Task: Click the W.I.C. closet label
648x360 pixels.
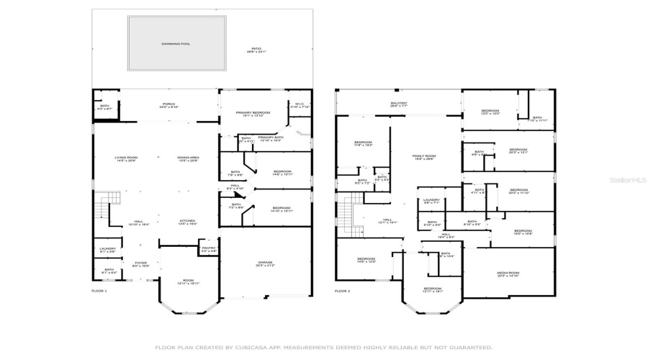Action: coord(300,104)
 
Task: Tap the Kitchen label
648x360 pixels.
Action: coord(188,222)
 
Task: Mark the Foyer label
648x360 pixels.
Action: coord(140,264)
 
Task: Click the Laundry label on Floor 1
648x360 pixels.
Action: coord(107,249)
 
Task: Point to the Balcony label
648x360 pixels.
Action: coord(399,104)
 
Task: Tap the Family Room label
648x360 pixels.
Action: coord(423,156)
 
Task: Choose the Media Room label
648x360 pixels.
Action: coord(508,273)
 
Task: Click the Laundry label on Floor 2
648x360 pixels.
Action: coord(431,200)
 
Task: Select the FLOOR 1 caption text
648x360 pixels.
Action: coord(99,291)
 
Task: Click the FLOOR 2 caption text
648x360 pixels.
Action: coord(342,291)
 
